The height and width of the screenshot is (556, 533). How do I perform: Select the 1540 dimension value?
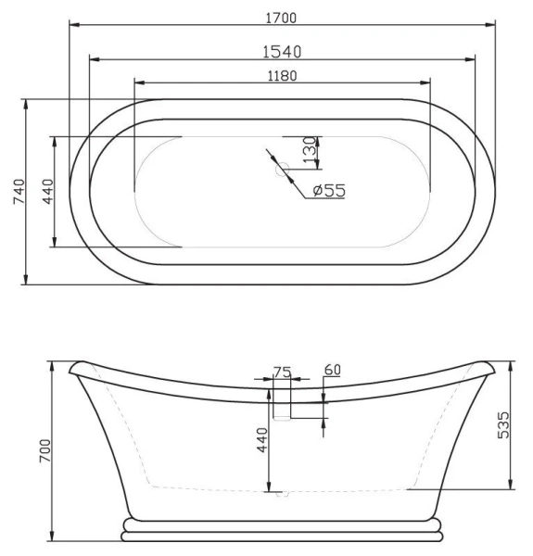[x=283, y=51]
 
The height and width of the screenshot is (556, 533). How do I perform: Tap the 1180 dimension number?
[x=283, y=76]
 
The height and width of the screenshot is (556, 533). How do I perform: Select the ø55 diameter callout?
[x=329, y=190]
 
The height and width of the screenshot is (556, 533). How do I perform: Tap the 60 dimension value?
[x=332, y=370]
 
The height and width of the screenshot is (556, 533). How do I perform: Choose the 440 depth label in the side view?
[x=261, y=440]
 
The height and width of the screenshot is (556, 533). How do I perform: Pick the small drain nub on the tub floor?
[x=282, y=494]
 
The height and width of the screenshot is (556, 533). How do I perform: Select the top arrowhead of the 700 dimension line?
[x=54, y=363]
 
